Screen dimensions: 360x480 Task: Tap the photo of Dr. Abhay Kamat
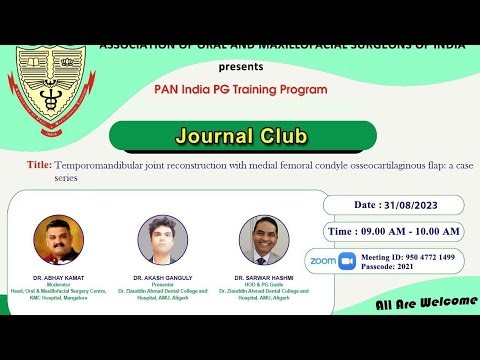57,240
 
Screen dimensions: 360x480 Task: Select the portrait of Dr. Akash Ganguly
163,240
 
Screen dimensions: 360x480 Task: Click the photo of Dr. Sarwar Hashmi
264,240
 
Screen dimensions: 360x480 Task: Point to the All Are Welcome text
426,302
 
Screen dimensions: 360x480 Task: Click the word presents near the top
240,67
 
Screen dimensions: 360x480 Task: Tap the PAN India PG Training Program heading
240,89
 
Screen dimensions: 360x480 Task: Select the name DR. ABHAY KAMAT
58,277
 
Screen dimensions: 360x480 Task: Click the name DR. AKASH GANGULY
162,277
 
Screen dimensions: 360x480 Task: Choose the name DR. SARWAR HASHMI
264,277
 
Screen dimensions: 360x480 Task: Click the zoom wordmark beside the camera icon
323,260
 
